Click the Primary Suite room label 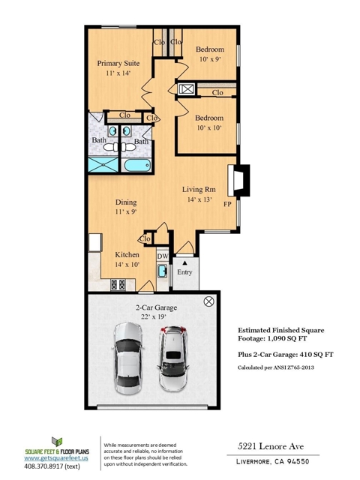pyautogui.click(x=118, y=63)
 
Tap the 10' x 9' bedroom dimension pyautogui.click(x=210, y=59)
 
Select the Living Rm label pyautogui.click(x=199, y=190)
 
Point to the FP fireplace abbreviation pyautogui.click(x=227, y=204)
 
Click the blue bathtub pyautogui.click(x=137, y=165)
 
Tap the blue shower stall pyautogui.click(x=103, y=165)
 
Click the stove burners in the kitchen pyautogui.click(x=118, y=285)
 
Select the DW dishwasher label pyautogui.click(x=163, y=256)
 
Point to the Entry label pyautogui.click(x=184, y=271)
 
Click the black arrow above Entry pyautogui.click(x=184, y=262)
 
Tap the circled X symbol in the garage pyautogui.click(x=208, y=301)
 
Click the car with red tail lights pyautogui.click(x=173, y=358)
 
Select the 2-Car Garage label pyautogui.click(x=157, y=307)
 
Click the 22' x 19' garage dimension pyautogui.click(x=154, y=316)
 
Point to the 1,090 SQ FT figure pyautogui.click(x=287, y=338)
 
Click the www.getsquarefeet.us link pyautogui.click(x=56, y=458)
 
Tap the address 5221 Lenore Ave pyautogui.click(x=271, y=446)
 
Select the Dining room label pyautogui.click(x=126, y=202)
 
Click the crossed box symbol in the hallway pyautogui.click(x=185, y=89)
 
